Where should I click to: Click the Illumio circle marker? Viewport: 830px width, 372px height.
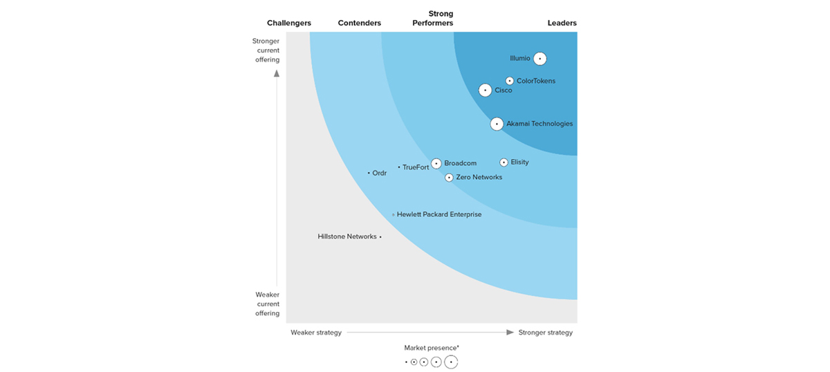pyautogui.click(x=539, y=59)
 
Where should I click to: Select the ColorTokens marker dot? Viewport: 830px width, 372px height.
pyautogui.click(x=510, y=81)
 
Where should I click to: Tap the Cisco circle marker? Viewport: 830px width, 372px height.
pyautogui.click(x=486, y=90)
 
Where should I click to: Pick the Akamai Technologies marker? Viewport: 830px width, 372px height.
pyautogui.click(x=497, y=124)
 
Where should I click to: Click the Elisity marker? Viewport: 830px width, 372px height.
pyautogui.click(x=504, y=162)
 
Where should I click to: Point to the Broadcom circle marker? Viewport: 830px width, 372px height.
pyautogui.click(x=436, y=164)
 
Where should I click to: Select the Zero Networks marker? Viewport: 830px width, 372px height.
pyautogui.click(x=449, y=178)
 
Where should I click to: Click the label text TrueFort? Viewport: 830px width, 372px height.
pyautogui.click(x=416, y=167)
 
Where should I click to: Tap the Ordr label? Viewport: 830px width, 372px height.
pyautogui.click(x=379, y=173)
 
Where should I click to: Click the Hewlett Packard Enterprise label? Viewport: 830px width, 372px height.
pyautogui.click(x=439, y=214)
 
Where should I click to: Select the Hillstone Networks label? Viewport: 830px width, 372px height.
pyautogui.click(x=347, y=236)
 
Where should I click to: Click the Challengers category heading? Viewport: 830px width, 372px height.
pyautogui.click(x=289, y=23)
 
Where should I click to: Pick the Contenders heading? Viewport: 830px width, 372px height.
pyautogui.click(x=360, y=23)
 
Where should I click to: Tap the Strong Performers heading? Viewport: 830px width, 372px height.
pyautogui.click(x=433, y=18)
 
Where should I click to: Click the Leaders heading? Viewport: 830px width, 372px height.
pyautogui.click(x=562, y=23)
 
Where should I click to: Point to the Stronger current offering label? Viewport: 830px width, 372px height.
pyautogui.click(x=266, y=50)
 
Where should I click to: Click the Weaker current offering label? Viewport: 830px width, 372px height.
pyautogui.click(x=267, y=304)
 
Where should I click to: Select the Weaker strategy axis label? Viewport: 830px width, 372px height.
pyautogui.click(x=316, y=333)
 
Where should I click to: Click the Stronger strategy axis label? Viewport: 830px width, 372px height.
pyautogui.click(x=546, y=333)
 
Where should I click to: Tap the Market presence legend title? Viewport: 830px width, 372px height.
pyautogui.click(x=432, y=348)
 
